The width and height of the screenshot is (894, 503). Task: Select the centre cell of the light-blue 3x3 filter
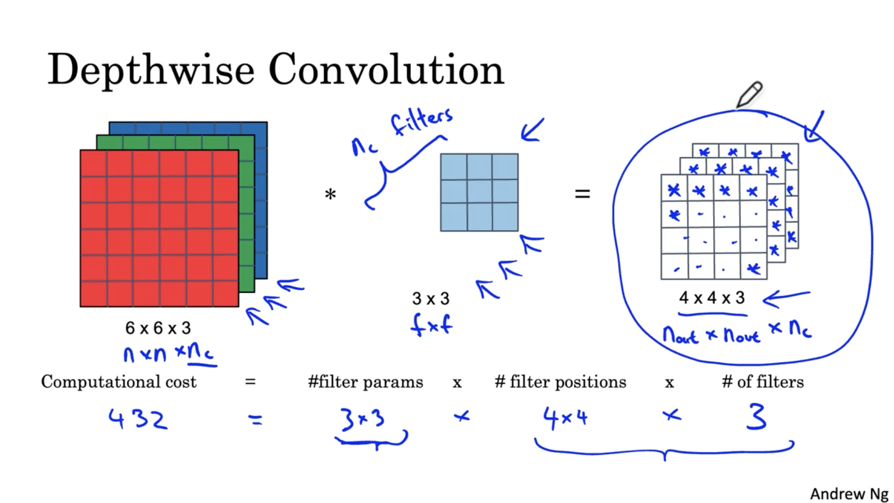click(479, 192)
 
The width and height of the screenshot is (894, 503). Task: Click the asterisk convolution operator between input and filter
click(330, 195)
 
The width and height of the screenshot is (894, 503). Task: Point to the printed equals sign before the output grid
click(582, 194)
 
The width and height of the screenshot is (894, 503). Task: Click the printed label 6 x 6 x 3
click(158, 328)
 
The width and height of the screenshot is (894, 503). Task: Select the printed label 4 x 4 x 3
click(712, 298)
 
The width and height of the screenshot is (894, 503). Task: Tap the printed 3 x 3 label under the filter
click(431, 298)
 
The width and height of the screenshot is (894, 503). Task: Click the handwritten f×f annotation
click(431, 325)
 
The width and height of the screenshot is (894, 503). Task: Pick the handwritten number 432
click(138, 419)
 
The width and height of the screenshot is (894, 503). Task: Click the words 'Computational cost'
click(119, 382)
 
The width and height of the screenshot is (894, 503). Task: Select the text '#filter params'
click(365, 382)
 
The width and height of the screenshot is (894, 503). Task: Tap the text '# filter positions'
click(560, 382)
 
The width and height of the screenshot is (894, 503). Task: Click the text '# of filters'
click(763, 382)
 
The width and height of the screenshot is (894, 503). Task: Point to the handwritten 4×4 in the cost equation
click(565, 418)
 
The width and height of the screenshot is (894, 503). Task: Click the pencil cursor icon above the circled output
click(749, 94)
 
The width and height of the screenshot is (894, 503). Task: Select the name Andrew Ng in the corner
click(849, 493)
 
